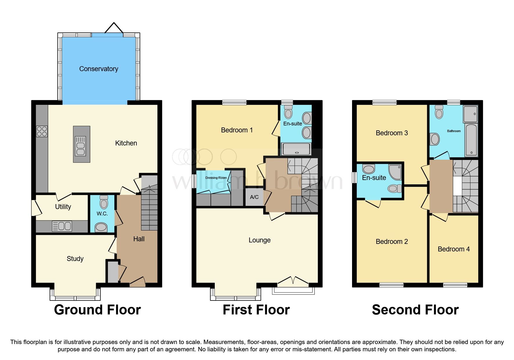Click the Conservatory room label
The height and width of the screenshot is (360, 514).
(98, 69)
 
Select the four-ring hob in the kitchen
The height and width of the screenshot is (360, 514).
(42, 132)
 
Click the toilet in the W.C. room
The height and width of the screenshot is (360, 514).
(104, 202)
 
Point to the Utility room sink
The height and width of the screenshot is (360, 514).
(62, 226)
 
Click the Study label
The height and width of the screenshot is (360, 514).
(75, 259)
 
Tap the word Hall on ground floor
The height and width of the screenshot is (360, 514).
(139, 239)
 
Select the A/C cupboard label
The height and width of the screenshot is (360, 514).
(254, 197)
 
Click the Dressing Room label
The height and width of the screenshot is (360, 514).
(216, 178)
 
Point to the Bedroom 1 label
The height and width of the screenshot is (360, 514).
(237, 130)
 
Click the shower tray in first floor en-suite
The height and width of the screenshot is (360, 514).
(296, 149)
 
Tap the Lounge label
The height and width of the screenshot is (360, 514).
(259, 240)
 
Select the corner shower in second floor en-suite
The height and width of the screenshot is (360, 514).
(395, 172)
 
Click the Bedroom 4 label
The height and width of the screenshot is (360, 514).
(454, 249)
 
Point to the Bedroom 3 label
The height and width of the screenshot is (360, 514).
(392, 133)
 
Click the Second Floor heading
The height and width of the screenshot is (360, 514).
(415, 310)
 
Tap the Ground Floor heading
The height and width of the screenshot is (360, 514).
(97, 310)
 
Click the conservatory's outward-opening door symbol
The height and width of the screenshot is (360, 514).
(114, 28)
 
